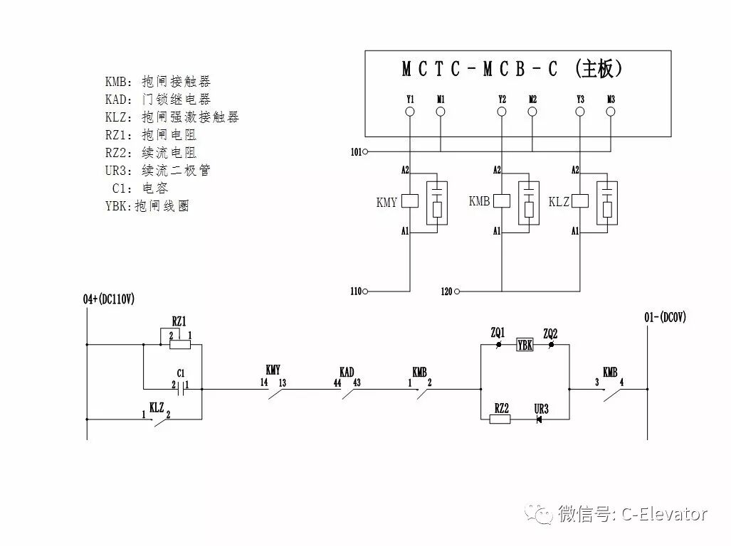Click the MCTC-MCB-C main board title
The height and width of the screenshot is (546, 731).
tap(512, 69)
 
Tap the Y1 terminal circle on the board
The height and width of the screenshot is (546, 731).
tap(410, 112)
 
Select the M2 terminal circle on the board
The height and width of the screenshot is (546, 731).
tap(532, 112)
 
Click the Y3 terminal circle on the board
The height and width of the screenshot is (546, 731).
tap(580, 112)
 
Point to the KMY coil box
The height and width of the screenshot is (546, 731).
tap(409, 201)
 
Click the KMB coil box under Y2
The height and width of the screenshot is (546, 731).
tap(502, 201)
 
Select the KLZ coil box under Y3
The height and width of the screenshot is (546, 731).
tap(580, 201)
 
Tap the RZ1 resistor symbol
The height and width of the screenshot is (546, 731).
tap(179, 345)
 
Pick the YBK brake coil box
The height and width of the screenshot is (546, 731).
tap(525, 346)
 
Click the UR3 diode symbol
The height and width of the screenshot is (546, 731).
tap(539, 419)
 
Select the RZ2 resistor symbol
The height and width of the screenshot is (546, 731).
tap(500, 419)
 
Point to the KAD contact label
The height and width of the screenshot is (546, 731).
tap(347, 371)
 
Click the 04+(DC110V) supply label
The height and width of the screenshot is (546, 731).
tap(108, 299)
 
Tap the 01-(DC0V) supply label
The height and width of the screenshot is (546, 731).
tap(666, 318)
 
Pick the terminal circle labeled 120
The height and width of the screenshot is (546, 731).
tap(458, 291)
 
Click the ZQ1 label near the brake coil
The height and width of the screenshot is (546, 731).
tap(498, 332)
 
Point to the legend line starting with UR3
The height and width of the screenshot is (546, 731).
tap(158, 171)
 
